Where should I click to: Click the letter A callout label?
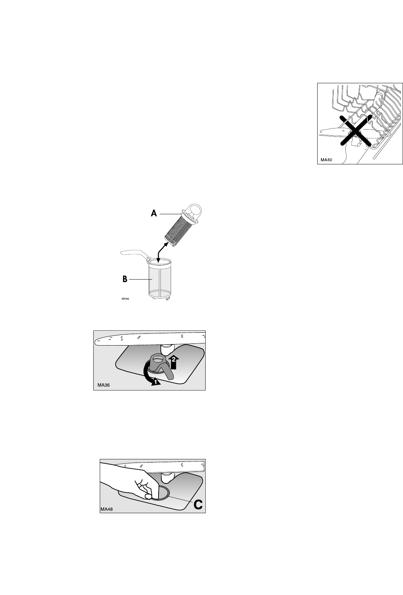coord(154,213)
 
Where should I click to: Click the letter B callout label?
coord(125,279)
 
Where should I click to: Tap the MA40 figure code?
coord(326,160)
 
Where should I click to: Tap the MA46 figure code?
coord(125,299)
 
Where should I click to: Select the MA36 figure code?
coord(104,385)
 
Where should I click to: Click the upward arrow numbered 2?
coord(174,361)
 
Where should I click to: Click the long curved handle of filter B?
coord(135,254)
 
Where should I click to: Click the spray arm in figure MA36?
coord(150,338)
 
